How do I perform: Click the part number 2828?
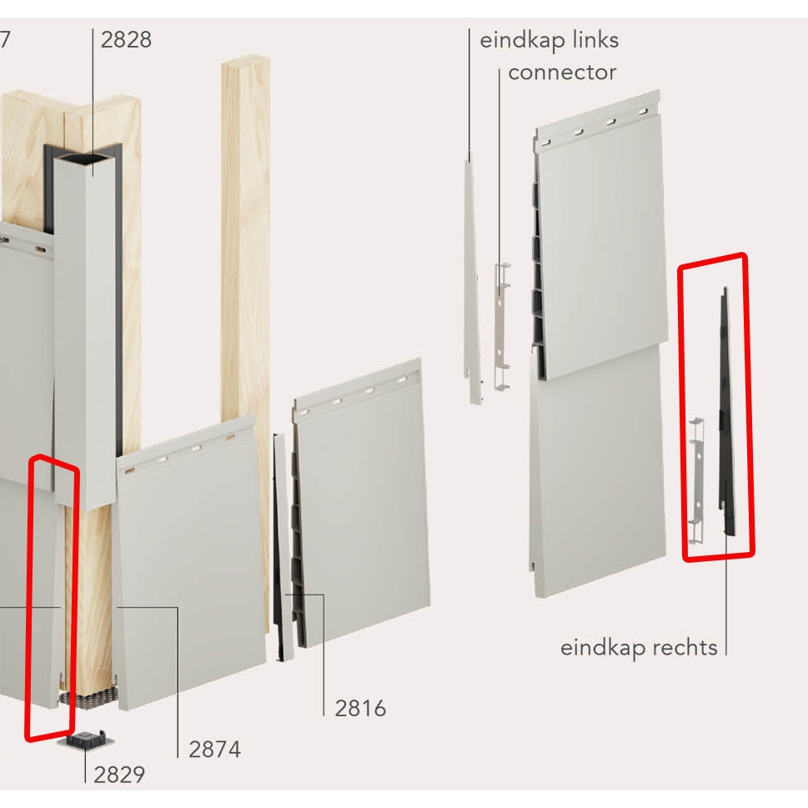click(126, 40)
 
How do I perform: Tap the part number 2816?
click(360, 709)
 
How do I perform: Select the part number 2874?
click(215, 750)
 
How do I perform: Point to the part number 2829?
click(119, 775)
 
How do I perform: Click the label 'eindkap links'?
click(550, 40)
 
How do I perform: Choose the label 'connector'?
click(562, 73)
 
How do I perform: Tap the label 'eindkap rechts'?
click(639, 648)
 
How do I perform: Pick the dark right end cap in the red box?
click(727, 412)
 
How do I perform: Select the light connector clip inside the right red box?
click(697, 480)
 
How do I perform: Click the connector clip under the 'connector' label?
click(501, 326)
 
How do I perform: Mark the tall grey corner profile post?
click(85, 330)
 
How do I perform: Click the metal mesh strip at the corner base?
click(88, 699)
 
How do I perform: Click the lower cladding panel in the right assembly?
click(598, 469)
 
